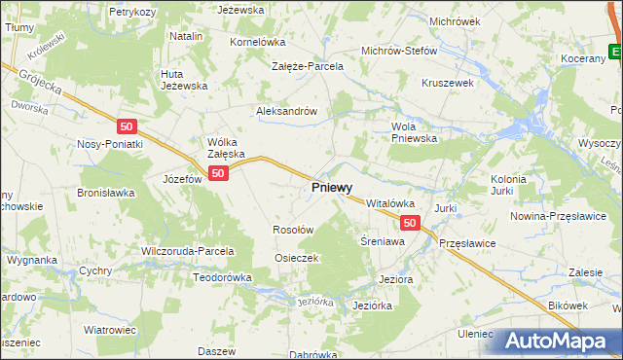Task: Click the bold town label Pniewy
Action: pos(332,186)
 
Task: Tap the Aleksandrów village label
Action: pos(287,111)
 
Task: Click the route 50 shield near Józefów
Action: pos(218,173)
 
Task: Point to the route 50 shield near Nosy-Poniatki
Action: pos(126,126)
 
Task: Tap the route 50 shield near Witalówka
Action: pos(410,223)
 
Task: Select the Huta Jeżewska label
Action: pos(185,79)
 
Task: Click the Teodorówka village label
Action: pos(222,277)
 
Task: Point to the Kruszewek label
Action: pos(447,84)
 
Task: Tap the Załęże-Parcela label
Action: pos(308,66)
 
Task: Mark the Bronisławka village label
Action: pos(105,193)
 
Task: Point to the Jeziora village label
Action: pos(395,278)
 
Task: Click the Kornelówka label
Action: pos(256,43)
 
